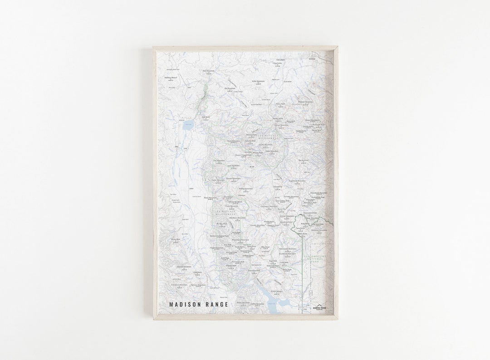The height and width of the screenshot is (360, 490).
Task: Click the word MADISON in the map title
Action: [x=186, y=304]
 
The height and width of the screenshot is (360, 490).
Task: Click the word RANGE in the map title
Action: [x=217, y=304]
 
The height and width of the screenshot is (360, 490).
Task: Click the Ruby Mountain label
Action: [x=258, y=81]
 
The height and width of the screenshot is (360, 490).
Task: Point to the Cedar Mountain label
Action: [x=218, y=180]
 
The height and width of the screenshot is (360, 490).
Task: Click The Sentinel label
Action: [x=303, y=160]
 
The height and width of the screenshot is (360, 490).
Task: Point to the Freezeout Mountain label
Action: [x=179, y=285]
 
